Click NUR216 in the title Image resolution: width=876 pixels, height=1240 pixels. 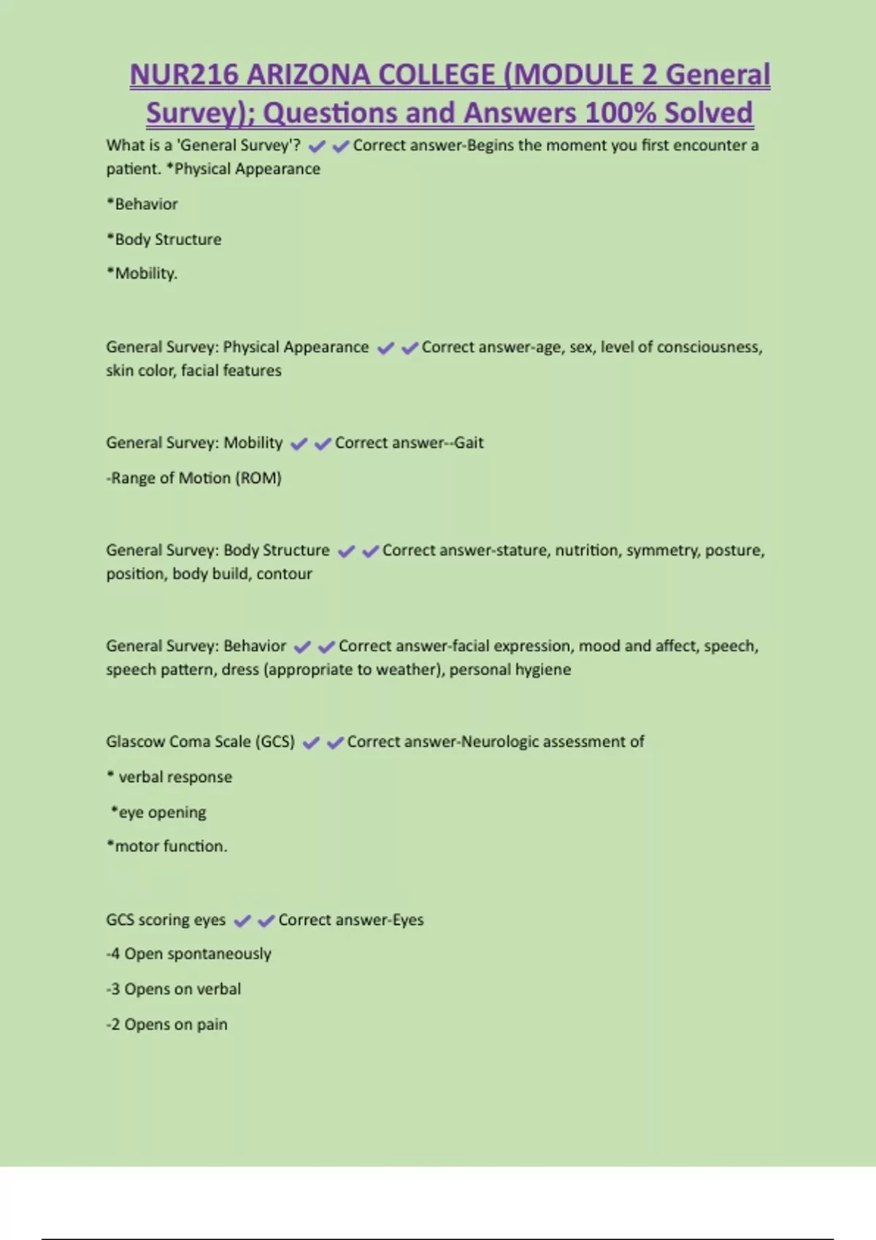183,75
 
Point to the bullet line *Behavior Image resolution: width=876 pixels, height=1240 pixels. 142,204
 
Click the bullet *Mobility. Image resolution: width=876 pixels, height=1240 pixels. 142,274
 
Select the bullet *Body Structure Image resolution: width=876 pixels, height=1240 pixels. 164,239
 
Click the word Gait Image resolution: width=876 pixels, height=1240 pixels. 469,443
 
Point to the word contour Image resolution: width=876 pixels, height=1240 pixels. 284,574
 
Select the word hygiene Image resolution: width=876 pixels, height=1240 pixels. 543,670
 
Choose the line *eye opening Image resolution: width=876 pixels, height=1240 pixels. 158,813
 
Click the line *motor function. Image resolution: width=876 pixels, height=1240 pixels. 167,847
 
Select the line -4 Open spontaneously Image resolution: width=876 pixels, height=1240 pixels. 189,954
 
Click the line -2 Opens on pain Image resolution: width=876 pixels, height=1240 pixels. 167,1025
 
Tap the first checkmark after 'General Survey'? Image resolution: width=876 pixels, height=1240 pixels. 317,147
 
